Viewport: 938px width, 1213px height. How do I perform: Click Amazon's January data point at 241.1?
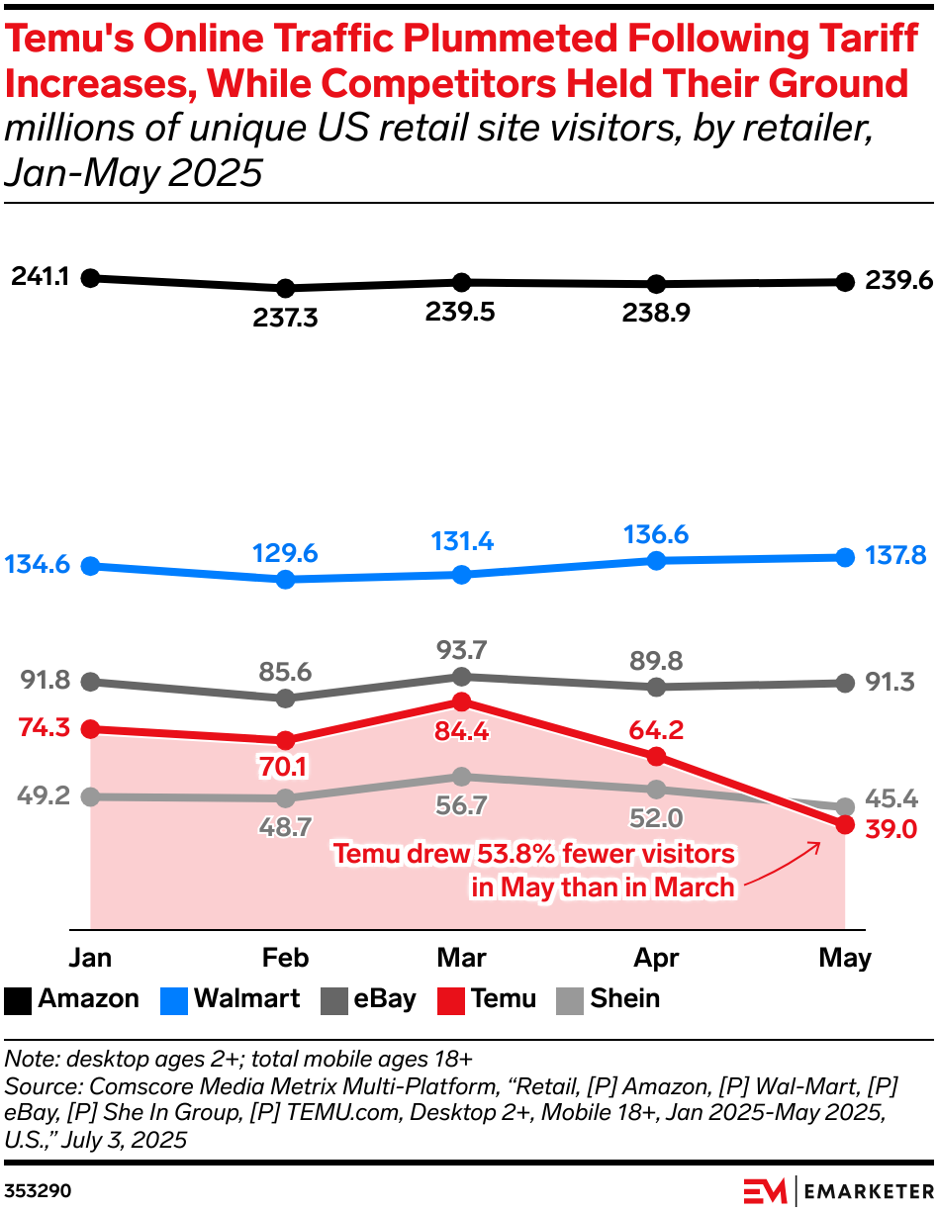pos(90,278)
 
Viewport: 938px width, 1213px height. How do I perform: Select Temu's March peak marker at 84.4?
pos(461,702)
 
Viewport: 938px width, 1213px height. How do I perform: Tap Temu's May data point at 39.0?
pos(845,824)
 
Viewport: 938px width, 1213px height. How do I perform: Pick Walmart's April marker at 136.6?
pos(655,560)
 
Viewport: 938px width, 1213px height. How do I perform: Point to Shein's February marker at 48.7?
pos(285,797)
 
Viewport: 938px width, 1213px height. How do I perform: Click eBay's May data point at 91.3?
pos(845,683)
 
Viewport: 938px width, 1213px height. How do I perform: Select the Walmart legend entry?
pos(230,999)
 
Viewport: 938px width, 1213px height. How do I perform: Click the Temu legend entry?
pos(487,999)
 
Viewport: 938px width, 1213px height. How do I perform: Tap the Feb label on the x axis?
pos(285,958)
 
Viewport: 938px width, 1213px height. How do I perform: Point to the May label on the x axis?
pos(844,958)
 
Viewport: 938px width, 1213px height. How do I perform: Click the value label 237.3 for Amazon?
pos(285,319)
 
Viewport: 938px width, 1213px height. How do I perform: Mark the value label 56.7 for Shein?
pos(461,805)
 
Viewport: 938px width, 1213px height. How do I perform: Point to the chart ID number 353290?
pos(38,1189)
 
